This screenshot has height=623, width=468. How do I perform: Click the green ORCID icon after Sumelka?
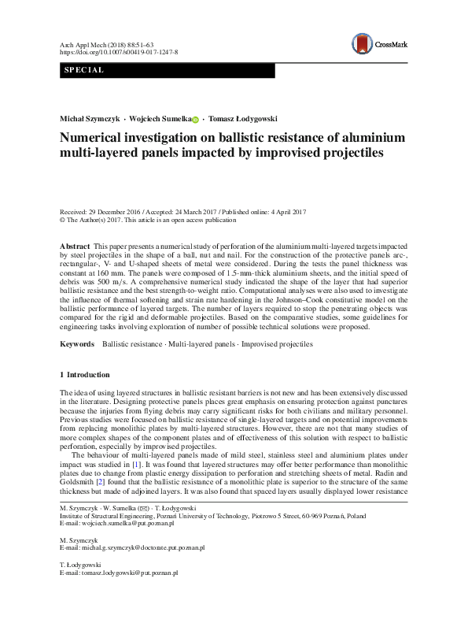click(196, 118)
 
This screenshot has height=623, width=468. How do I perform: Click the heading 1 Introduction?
click(85, 374)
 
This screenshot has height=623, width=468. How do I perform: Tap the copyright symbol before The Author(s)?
click(63, 221)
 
